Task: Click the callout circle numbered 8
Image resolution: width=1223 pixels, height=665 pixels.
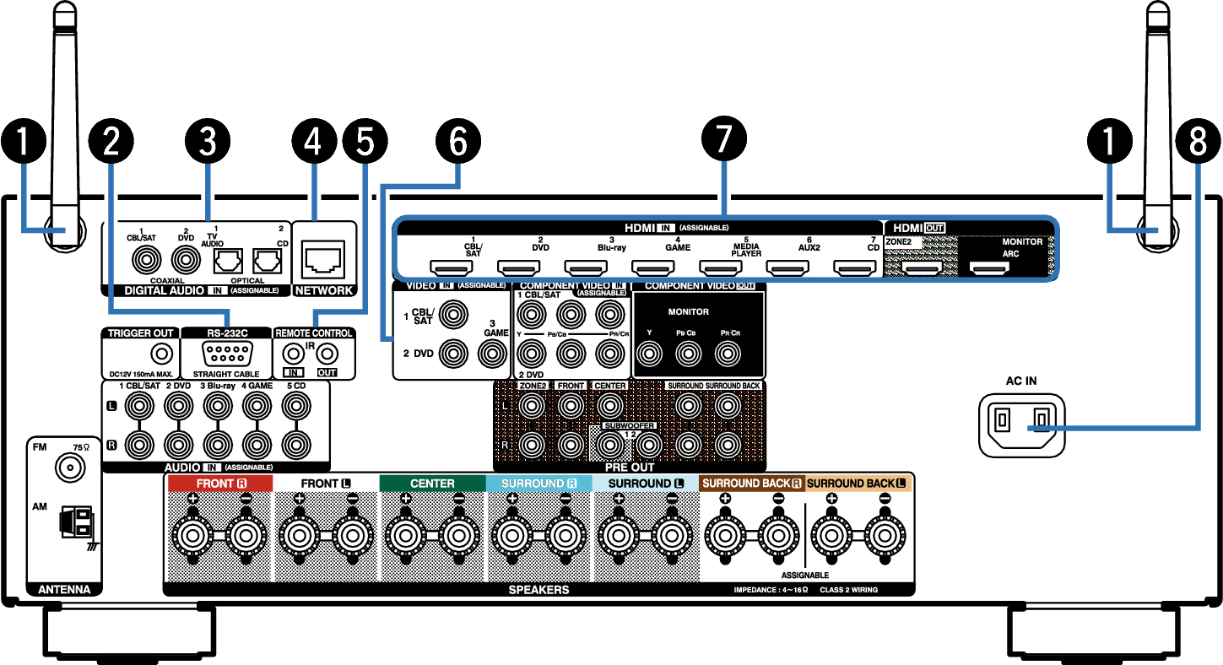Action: [x=1197, y=143]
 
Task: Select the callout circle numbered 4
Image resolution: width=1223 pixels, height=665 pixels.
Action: [x=312, y=143]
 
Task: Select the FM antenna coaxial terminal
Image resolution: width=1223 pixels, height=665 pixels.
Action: [x=68, y=465]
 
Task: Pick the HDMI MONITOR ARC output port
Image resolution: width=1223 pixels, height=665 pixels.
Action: [x=988, y=269]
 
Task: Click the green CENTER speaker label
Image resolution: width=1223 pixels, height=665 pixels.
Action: [x=432, y=484]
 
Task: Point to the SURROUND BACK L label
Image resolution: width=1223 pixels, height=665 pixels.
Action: [x=858, y=484]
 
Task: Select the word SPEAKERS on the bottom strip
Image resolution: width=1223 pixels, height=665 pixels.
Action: [x=538, y=590]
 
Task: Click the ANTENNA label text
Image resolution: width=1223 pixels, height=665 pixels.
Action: [x=64, y=589]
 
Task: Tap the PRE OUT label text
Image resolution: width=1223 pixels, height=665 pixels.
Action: [x=630, y=467]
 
